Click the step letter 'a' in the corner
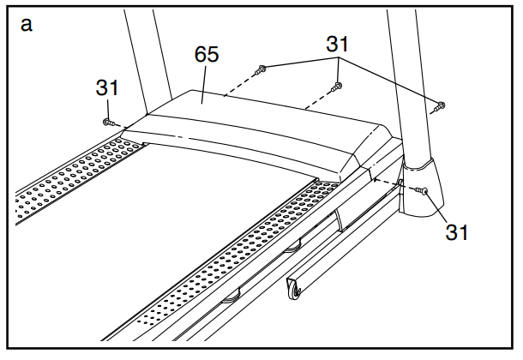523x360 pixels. [x=27, y=25]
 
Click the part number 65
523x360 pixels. [x=207, y=54]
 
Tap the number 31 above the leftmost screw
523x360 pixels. [x=106, y=87]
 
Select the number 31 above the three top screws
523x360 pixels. [x=337, y=44]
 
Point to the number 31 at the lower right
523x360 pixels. [x=457, y=232]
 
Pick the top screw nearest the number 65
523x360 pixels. [x=260, y=69]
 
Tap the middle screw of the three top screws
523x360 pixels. [x=336, y=87]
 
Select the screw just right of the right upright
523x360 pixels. [x=439, y=107]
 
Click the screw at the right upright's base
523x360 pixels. [x=422, y=190]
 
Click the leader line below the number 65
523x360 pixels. [x=204, y=84]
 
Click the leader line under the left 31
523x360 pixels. [x=108, y=108]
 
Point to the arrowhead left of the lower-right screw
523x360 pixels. [x=376, y=180]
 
